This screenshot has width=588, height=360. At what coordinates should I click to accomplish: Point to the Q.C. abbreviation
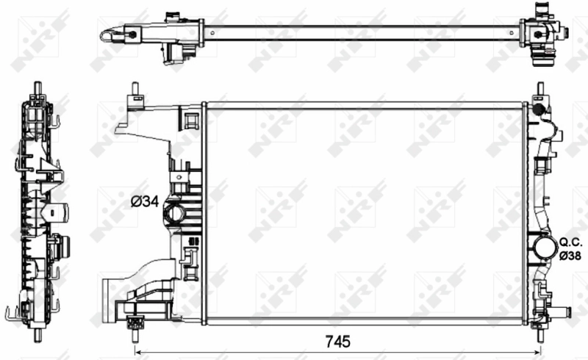click(x=570, y=242)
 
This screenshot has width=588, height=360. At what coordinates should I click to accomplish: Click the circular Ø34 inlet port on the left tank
click(x=175, y=214)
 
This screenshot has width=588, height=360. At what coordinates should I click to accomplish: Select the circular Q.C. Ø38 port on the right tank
click(x=545, y=247)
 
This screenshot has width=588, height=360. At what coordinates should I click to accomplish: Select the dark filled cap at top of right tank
click(x=538, y=109)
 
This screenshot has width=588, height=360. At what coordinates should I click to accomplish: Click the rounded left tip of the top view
click(x=105, y=33)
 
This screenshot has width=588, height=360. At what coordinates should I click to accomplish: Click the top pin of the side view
click(x=35, y=86)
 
